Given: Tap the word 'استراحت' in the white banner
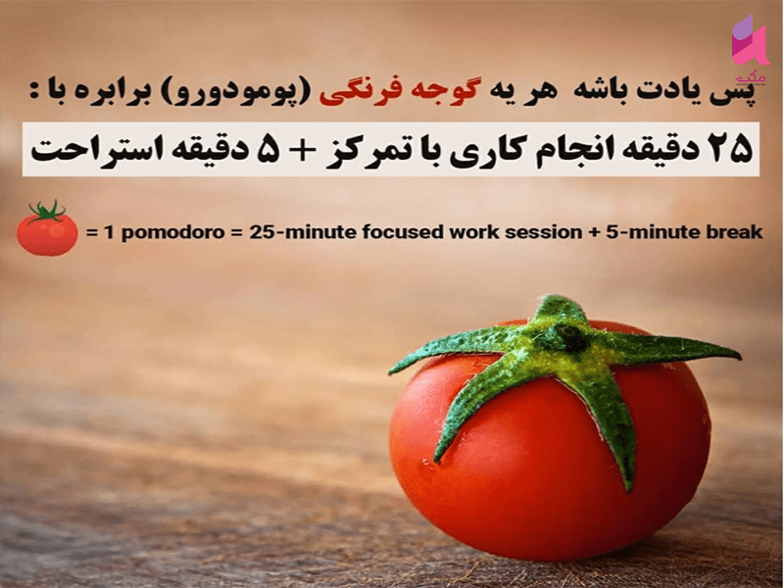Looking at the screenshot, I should tap(76, 149).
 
